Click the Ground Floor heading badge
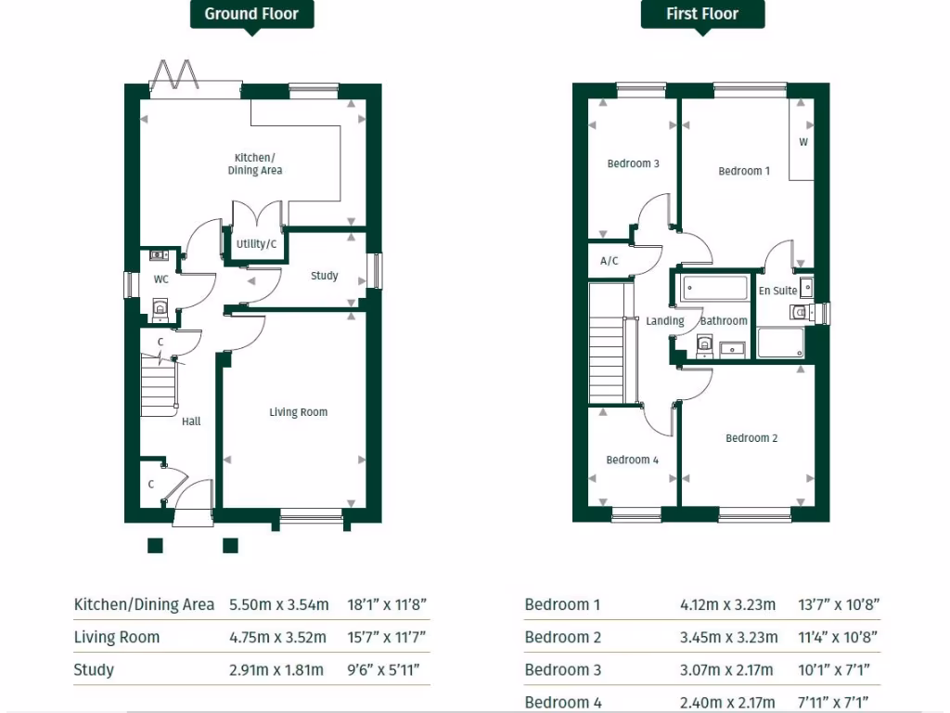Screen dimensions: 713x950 (x=251, y=14)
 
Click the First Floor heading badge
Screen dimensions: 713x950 (x=702, y=14)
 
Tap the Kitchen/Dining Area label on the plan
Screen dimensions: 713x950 (x=255, y=163)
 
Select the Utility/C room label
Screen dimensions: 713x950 (x=256, y=244)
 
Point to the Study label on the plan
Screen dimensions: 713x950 (x=324, y=276)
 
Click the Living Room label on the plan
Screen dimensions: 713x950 (x=298, y=412)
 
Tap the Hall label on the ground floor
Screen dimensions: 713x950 (x=191, y=421)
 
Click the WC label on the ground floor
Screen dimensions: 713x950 (x=160, y=279)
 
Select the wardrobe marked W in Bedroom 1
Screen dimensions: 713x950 (x=802, y=142)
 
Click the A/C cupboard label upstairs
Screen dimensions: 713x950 (x=610, y=261)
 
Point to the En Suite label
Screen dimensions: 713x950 (x=777, y=291)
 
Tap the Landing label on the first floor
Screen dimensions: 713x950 (x=664, y=321)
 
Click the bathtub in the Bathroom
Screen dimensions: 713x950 (x=714, y=288)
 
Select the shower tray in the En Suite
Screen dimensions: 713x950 (x=781, y=343)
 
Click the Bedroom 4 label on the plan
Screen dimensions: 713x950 (x=632, y=460)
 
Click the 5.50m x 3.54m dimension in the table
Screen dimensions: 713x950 (x=279, y=604)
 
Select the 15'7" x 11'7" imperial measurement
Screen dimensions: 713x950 (x=387, y=637)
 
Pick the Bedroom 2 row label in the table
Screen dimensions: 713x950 (x=562, y=637)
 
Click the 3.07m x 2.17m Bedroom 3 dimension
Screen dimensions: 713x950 (x=727, y=669)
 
